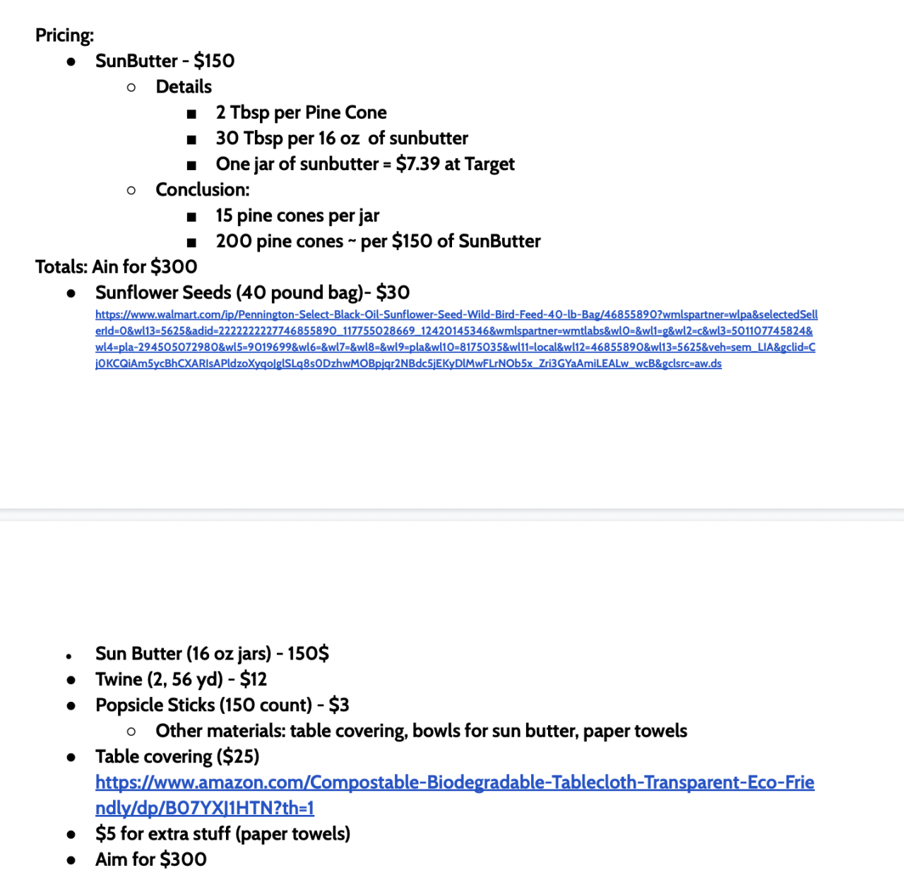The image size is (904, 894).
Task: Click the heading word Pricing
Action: [64, 35]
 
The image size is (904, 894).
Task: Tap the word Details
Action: [184, 87]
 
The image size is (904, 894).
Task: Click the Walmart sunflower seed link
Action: [456, 339]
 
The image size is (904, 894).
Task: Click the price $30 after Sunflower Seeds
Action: [393, 292]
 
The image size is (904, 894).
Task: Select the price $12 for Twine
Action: [254, 679]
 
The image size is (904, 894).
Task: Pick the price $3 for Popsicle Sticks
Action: [339, 705]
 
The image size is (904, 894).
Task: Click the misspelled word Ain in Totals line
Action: [105, 267]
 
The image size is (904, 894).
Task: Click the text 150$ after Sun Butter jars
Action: [308, 653]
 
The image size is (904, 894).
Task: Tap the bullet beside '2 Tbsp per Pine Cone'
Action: [191, 114]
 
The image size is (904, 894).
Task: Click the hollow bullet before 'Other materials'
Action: [131, 732]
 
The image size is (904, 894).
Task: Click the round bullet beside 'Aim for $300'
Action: [71, 860]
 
